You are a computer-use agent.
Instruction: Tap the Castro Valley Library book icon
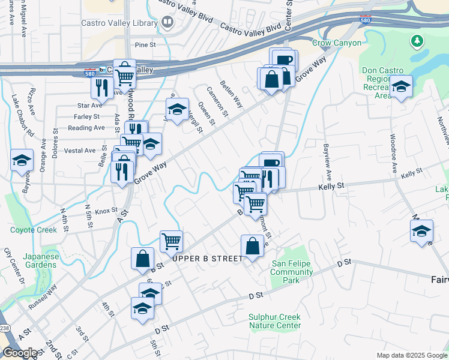(167, 23)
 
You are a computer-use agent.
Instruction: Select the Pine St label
(145, 44)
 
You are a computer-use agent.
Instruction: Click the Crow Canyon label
(337, 43)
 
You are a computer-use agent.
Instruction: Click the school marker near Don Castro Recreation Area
(400, 88)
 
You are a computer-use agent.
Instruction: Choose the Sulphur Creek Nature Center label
(275, 321)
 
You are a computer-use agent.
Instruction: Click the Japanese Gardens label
(41, 260)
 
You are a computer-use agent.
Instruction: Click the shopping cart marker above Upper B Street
(171, 241)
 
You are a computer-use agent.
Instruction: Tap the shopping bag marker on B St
(142, 259)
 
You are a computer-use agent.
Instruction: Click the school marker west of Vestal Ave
(22, 160)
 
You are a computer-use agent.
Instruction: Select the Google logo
(20, 353)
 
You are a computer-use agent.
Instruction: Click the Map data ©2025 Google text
(411, 355)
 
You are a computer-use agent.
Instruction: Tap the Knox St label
(105, 211)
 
